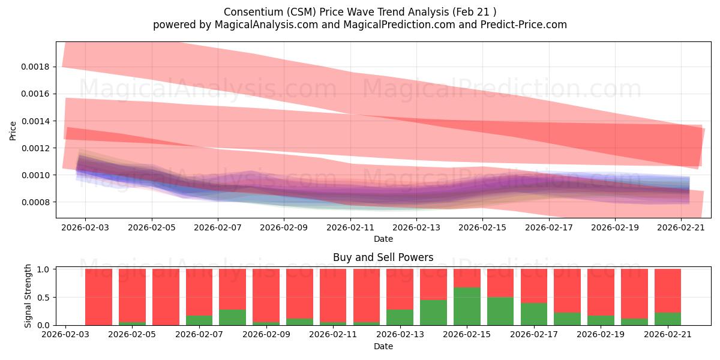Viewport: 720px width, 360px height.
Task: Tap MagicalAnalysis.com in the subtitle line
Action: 266,25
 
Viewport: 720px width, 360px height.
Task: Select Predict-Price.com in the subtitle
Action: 524,25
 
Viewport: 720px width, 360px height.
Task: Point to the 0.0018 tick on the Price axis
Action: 35,67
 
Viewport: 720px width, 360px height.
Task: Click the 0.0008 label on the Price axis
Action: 35,203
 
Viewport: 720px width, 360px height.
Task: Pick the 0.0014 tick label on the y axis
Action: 35,121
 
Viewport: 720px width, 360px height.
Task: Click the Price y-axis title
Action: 13,131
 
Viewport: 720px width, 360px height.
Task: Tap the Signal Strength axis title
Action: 28,296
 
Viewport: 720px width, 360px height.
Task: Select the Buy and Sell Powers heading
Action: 383,257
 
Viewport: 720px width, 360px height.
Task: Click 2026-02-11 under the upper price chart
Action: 350,227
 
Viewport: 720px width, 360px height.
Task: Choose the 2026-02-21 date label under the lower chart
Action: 668,334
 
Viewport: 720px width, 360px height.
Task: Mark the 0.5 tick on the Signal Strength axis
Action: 43,298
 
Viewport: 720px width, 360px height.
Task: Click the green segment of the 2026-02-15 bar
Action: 467,307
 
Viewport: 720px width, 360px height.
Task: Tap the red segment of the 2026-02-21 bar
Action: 668,290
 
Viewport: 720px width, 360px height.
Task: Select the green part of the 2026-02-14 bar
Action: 434,313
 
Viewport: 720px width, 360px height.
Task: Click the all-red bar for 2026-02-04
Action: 98,297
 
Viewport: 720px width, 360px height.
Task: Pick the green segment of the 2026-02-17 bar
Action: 534,314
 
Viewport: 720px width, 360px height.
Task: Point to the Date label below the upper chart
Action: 383,239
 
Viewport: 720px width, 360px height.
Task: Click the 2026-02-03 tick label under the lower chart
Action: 65,334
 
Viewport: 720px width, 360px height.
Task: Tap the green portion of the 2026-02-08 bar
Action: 233,317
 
